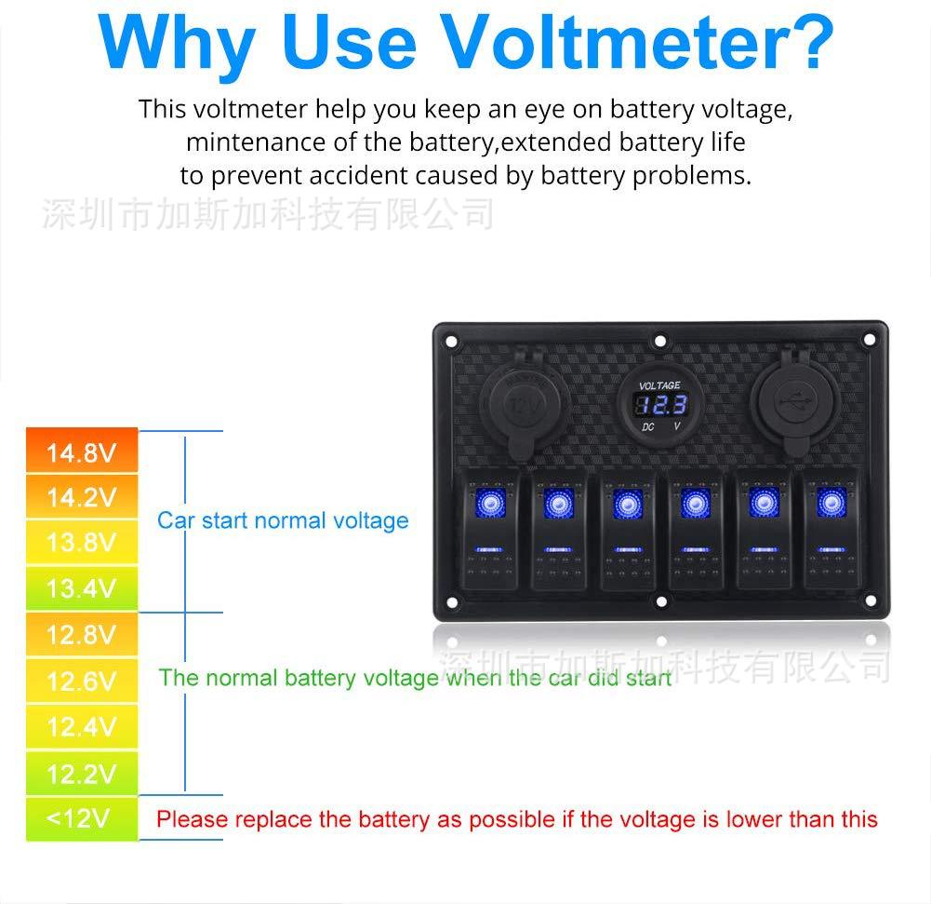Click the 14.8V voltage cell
(x=82, y=450)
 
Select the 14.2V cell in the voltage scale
(x=82, y=496)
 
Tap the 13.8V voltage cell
(x=82, y=542)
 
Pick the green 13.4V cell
(x=82, y=587)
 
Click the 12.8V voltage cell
(x=82, y=634)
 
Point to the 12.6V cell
(x=82, y=681)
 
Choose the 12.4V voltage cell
(x=82, y=726)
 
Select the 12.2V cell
(x=82, y=774)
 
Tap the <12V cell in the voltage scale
(x=82, y=819)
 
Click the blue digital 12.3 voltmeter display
(x=661, y=405)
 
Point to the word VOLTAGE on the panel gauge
(x=659, y=385)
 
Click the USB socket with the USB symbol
(x=794, y=404)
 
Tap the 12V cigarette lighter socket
(x=524, y=405)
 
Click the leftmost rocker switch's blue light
(x=490, y=503)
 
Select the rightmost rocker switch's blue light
(x=831, y=503)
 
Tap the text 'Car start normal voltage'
(x=283, y=520)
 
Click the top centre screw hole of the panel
(x=660, y=341)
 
